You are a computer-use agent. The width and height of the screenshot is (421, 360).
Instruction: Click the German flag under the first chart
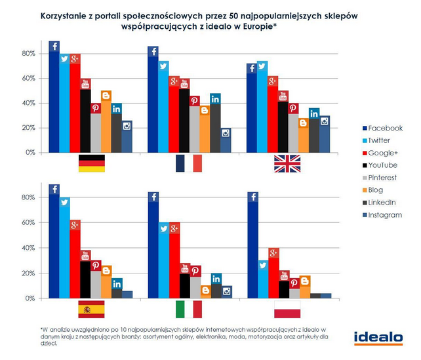[x=91, y=163]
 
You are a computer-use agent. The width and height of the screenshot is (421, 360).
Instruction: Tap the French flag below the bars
[x=188, y=163]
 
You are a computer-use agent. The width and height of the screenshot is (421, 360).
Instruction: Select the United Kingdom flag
[x=287, y=163]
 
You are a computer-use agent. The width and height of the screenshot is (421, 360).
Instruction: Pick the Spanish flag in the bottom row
[x=91, y=309]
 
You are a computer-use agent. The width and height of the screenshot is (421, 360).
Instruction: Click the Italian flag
[x=188, y=309]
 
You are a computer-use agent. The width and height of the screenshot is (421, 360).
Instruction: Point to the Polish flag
[x=287, y=309]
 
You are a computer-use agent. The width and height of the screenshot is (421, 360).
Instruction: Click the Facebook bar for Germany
[x=54, y=98]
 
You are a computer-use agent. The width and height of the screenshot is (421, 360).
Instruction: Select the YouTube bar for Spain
[x=85, y=275]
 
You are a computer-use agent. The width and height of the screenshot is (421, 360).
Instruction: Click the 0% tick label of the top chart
[x=30, y=153]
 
